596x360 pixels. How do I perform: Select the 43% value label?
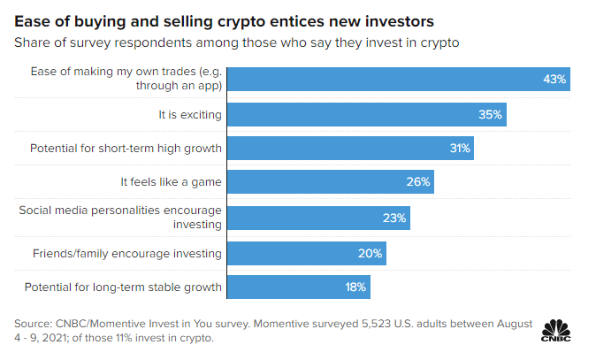(554, 80)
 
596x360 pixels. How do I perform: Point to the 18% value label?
(355, 287)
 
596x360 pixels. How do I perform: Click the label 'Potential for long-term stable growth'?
(123, 287)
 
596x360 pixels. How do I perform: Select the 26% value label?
(419, 183)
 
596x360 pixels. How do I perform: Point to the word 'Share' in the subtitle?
(33, 42)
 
